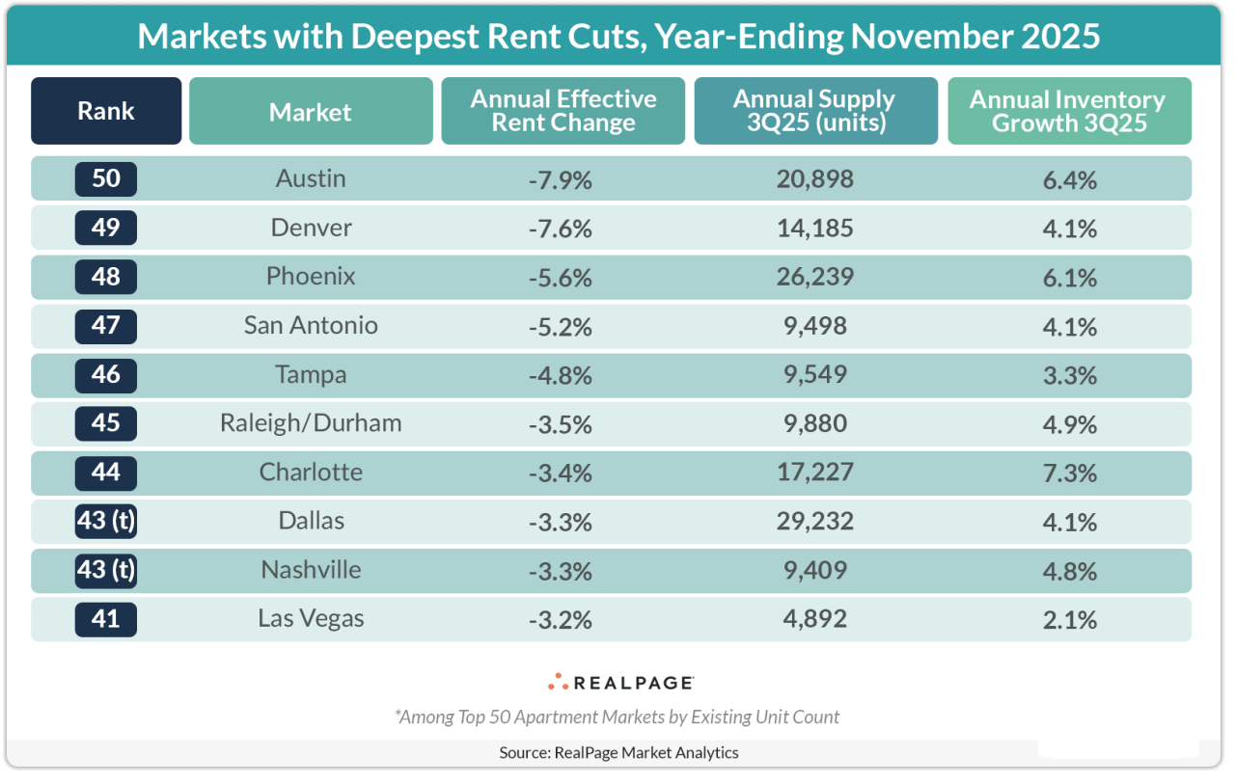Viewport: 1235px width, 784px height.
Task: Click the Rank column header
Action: point(106,111)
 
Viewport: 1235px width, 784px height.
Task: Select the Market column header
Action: point(311,112)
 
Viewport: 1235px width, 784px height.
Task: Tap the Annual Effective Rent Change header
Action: point(563,111)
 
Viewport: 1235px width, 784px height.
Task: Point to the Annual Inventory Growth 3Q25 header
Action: point(1068,111)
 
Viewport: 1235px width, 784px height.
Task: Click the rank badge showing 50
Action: point(106,178)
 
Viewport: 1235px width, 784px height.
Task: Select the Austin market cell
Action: point(311,178)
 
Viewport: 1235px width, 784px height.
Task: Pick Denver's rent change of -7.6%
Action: point(560,229)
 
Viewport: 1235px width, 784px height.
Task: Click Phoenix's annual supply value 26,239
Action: point(815,277)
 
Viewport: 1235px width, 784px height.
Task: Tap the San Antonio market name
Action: point(311,326)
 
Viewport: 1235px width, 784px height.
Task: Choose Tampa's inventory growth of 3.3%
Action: point(1069,375)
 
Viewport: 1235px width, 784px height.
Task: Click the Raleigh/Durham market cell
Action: point(311,423)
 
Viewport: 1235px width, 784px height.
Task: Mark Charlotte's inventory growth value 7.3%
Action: point(1069,473)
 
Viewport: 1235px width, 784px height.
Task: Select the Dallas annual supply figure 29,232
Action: point(815,522)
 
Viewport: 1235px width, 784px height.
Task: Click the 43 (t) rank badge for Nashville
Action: point(106,570)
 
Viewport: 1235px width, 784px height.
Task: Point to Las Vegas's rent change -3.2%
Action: point(560,619)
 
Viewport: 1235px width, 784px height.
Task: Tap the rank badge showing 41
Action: point(106,619)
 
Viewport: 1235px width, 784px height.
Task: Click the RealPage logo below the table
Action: point(620,683)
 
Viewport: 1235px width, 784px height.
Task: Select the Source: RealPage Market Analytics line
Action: point(618,752)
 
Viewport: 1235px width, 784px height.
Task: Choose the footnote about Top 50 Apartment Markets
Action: point(617,716)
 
